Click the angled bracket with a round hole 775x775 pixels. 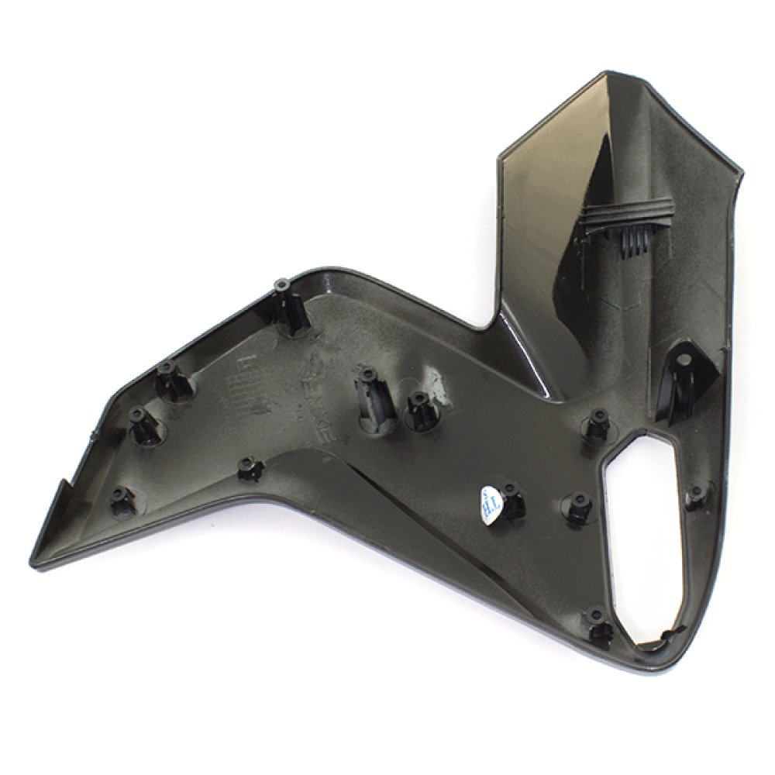pos(682,380)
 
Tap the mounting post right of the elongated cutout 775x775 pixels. pos(697,494)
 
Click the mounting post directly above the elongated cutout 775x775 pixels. pos(597,422)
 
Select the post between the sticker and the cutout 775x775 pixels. pos(577,508)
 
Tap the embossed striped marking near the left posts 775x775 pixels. pos(232,380)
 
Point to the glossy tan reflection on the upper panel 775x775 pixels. pos(542,186)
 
